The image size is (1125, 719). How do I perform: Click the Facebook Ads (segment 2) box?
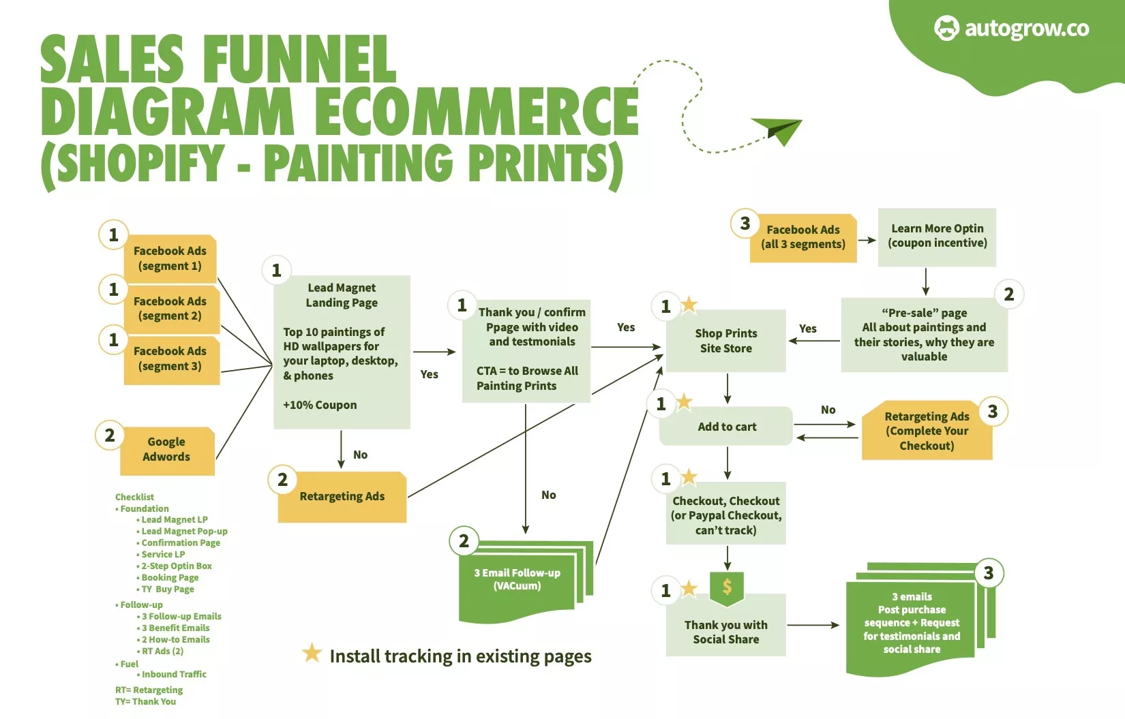[x=170, y=309]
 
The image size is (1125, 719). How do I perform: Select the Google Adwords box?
[x=167, y=450]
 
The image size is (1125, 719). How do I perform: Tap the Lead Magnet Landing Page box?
[x=342, y=352]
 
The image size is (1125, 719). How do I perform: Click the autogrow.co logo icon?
[x=946, y=29]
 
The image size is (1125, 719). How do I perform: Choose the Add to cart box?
[x=726, y=427]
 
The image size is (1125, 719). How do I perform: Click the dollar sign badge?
[x=727, y=586]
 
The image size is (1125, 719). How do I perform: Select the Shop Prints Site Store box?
[x=726, y=341]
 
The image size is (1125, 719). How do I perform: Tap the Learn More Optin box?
[x=937, y=236]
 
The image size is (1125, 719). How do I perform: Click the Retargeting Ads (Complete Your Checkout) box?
[x=927, y=431]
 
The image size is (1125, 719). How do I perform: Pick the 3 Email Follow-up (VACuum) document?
[x=517, y=581]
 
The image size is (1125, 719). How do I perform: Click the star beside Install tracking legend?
[x=312, y=653]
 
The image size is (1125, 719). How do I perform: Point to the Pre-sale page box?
[x=924, y=335]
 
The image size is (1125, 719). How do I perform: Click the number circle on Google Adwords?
[x=110, y=435]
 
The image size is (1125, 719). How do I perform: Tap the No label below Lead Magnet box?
[x=360, y=455]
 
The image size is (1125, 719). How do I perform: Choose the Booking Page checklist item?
[x=170, y=577]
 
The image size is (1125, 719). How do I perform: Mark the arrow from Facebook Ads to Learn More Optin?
[x=867, y=240]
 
